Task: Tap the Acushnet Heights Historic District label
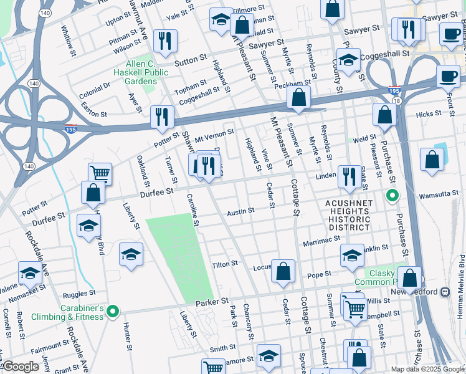tap(348, 216)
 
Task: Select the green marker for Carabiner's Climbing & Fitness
tap(112, 311)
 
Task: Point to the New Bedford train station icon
tap(445, 292)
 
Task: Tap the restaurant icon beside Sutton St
tap(165, 41)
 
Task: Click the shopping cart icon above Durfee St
tap(100, 173)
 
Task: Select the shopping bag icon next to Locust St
tap(283, 271)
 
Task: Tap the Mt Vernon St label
tap(214, 132)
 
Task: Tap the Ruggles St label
tap(79, 292)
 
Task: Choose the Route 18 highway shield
tap(397, 100)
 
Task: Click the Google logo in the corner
tap(21, 367)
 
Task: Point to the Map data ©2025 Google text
tap(427, 369)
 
